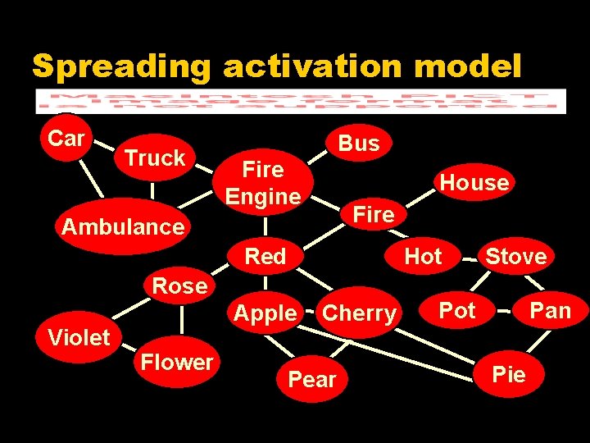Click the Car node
coord(66,139)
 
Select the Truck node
coord(154,158)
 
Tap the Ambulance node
coord(123,226)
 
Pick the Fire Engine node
coord(263,183)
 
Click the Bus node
coord(359,144)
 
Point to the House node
coord(474,182)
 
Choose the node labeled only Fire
coord(373,214)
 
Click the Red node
coord(265,257)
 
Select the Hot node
coord(423,257)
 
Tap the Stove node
coord(515,257)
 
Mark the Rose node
coord(179,286)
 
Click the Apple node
coord(265,313)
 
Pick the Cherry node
coord(359,313)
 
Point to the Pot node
coord(457,310)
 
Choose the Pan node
coord(550,310)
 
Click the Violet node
coord(79,337)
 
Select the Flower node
coord(177,362)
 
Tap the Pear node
coord(312,379)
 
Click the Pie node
coord(509,375)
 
